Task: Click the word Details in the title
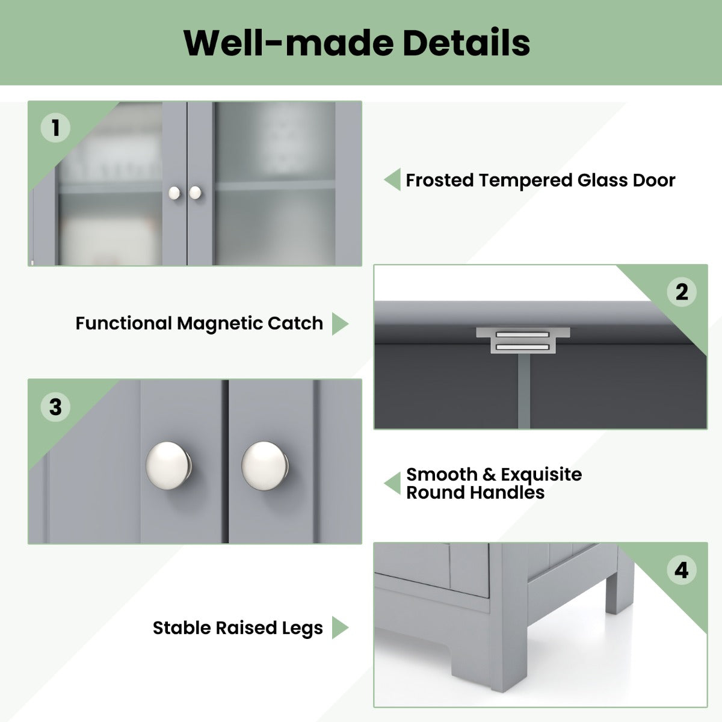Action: coord(466,42)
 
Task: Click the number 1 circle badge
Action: coord(55,128)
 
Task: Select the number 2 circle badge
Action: coord(682,292)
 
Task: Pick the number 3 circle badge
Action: coord(55,407)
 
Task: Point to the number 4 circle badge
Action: coord(682,570)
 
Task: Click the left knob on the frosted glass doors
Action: coord(174,193)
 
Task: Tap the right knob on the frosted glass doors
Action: coord(195,193)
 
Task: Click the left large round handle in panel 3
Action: coord(168,465)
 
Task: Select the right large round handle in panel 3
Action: coord(265,466)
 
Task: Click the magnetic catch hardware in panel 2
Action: coord(523,340)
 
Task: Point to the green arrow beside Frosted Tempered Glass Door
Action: coord(392,179)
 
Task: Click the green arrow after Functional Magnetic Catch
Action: coord(340,324)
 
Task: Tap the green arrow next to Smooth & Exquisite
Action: coord(392,483)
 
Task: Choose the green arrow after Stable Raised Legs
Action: coord(340,627)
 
